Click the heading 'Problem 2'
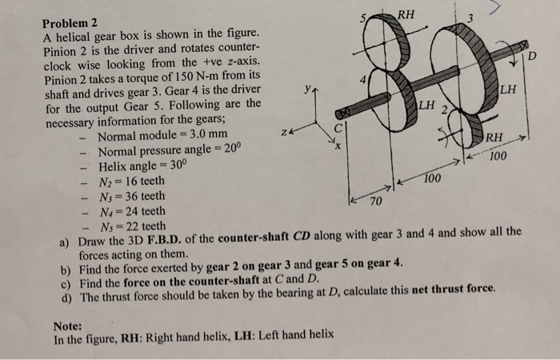(70, 22)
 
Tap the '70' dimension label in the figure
(374, 204)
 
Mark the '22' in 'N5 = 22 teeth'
(130, 226)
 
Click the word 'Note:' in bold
(70, 325)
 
